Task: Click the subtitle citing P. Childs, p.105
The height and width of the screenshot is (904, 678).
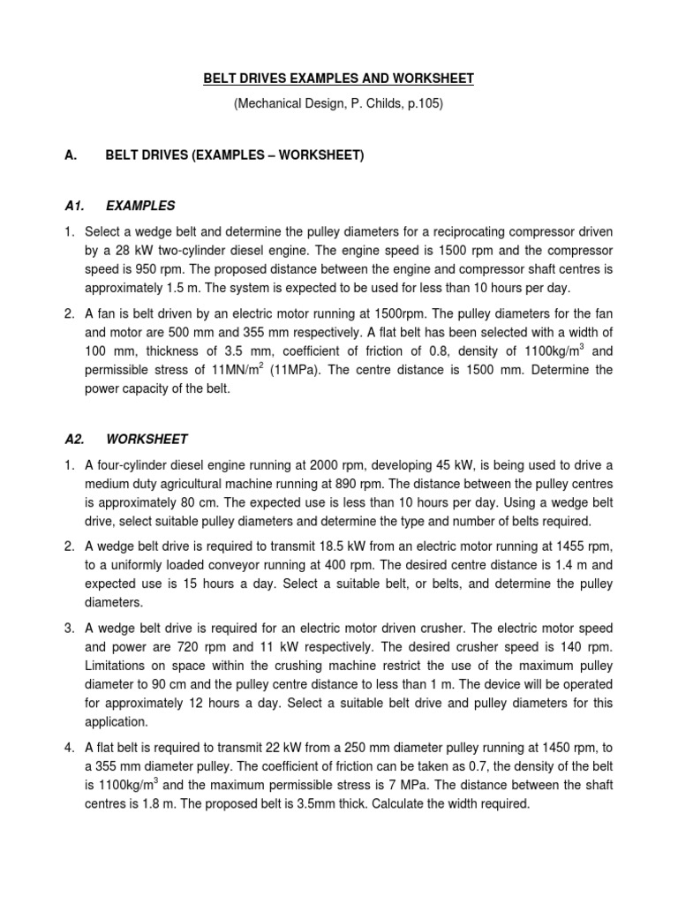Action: coord(338,104)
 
